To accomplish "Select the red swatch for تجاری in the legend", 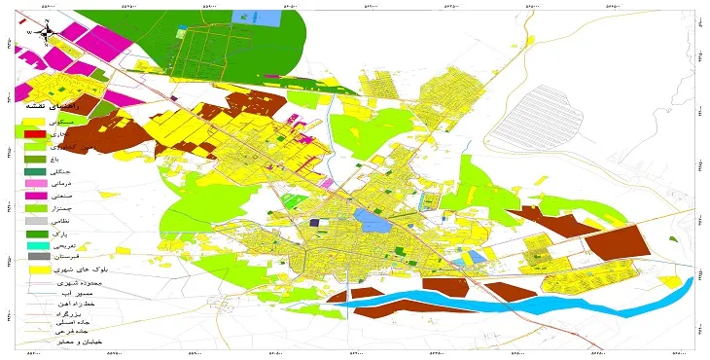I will (x=36, y=133).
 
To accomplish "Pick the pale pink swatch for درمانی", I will (x=36, y=183).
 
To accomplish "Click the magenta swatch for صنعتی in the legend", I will (x=36, y=197).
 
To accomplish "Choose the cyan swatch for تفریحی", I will (x=36, y=244).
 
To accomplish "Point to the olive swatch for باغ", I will (x=36, y=159).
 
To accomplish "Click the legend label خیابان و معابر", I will (x=76, y=342).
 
